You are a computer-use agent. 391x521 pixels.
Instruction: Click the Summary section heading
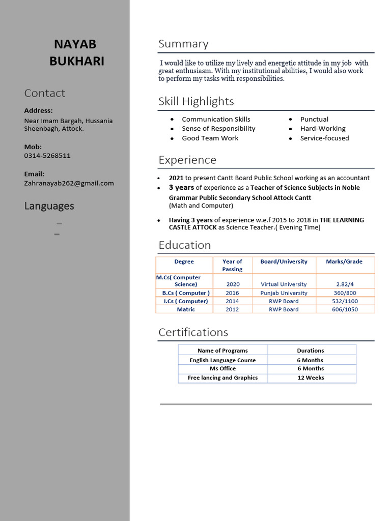[183, 44]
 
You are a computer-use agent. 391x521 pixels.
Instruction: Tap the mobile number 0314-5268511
[47, 156]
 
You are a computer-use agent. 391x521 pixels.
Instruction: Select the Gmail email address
[69, 183]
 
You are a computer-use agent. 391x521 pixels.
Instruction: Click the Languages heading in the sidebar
[49, 206]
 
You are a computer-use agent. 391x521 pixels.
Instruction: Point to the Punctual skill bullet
[314, 119]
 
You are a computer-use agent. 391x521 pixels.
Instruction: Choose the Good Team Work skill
[210, 138]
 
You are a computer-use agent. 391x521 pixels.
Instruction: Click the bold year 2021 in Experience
[176, 178]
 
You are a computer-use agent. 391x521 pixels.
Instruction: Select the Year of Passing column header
[232, 265]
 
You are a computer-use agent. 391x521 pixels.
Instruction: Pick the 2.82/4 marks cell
[345, 284]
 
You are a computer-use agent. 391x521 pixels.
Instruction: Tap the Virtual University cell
[284, 284]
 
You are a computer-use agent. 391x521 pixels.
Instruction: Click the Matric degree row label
[186, 309]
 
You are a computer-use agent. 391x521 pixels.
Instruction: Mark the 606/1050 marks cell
[345, 309]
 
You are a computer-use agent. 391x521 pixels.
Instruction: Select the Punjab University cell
[284, 293]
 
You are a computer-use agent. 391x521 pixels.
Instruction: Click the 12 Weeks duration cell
[311, 378]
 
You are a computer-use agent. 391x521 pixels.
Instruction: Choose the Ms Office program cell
[222, 368]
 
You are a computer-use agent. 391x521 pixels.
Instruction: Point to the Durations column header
[311, 351]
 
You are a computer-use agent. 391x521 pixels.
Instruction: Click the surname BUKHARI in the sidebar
[77, 62]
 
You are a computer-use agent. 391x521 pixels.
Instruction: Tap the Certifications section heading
[193, 332]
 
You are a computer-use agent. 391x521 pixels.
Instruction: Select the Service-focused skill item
[324, 138]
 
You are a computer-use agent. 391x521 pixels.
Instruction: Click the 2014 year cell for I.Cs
[232, 301]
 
